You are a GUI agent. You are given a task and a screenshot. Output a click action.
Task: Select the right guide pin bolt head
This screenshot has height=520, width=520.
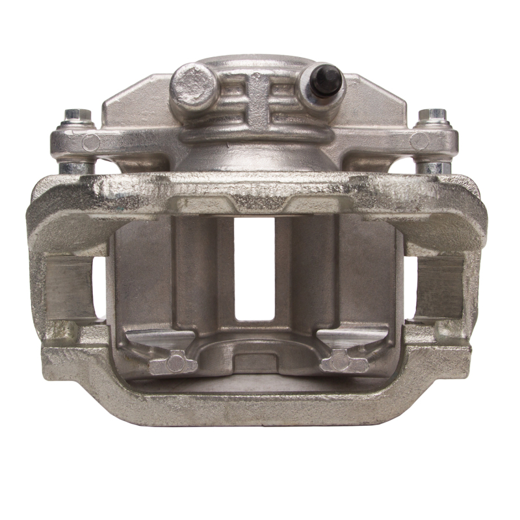(432, 117)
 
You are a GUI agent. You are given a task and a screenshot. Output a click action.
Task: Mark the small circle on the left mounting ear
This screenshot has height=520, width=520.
(91, 142)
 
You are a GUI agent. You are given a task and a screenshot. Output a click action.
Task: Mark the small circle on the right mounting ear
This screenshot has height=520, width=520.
(420, 140)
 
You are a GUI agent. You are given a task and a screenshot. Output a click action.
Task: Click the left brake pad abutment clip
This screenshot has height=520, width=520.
(68, 287)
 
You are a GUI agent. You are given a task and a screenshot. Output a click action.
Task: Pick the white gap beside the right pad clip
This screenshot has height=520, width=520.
(409, 286)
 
